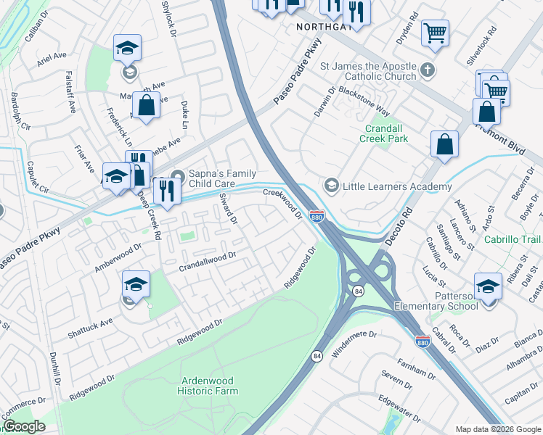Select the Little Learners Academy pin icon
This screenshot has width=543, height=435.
332,186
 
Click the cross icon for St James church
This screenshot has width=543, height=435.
428,70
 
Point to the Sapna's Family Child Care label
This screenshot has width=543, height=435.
222,178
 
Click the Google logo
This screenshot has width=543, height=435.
24,426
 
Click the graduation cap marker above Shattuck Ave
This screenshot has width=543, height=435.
136,285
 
